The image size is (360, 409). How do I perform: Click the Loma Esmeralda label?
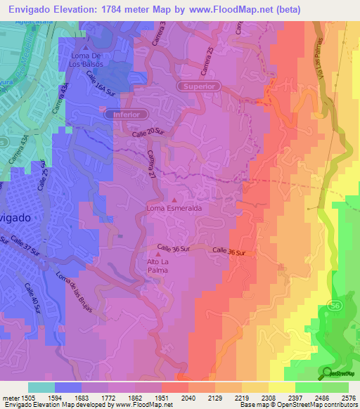point(174,209)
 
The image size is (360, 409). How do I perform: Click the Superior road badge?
point(200,86)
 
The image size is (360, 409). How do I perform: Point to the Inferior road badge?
point(127,113)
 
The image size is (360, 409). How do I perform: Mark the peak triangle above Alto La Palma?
point(158,253)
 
